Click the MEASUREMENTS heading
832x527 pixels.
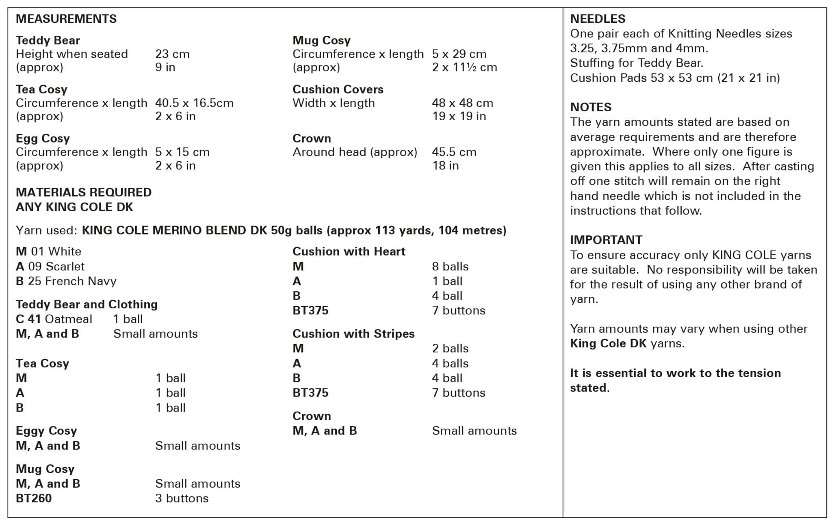point(66,19)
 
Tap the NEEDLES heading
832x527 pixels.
point(598,19)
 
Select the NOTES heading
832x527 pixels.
point(591,107)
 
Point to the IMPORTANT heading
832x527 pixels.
point(606,240)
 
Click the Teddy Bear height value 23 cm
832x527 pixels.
point(172,54)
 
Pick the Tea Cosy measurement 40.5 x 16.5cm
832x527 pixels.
point(194,103)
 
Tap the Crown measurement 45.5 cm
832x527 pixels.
point(454,152)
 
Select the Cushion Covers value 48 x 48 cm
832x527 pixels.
point(462,103)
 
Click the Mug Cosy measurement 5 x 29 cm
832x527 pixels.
point(459,54)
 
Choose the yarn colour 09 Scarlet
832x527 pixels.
point(56,266)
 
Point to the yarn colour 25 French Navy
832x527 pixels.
point(72,281)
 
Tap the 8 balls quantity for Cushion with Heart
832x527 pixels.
point(450,266)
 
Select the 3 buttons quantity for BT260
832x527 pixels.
point(182,498)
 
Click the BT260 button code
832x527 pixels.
point(34,498)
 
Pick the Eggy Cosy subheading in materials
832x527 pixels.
point(46,430)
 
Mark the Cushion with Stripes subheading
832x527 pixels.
point(353,334)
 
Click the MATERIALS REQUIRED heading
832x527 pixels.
point(83,192)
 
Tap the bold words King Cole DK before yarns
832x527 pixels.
point(608,343)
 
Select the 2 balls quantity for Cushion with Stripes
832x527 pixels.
point(450,348)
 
